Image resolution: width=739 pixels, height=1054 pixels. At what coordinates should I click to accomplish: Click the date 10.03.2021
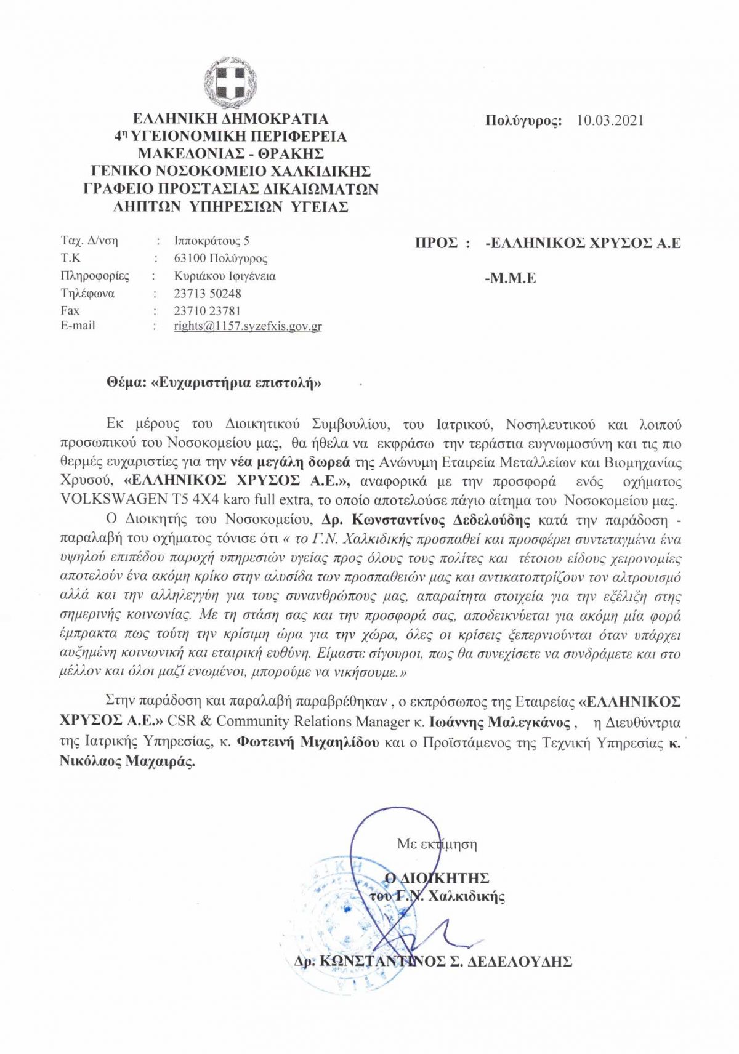(610, 120)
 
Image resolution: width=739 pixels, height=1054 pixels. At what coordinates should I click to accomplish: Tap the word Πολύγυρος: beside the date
(523, 121)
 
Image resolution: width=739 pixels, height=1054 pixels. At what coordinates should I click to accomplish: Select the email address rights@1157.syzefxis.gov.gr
(248, 326)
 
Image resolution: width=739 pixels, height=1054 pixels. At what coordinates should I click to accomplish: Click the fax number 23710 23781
(207, 311)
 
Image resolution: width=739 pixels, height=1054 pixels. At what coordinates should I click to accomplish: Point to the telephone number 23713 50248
(207, 294)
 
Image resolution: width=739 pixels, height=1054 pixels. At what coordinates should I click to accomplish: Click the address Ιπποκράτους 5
(211, 241)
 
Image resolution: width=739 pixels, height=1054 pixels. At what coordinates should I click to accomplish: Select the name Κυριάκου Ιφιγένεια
(225, 276)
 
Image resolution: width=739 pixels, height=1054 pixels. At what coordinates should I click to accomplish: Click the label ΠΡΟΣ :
(442, 243)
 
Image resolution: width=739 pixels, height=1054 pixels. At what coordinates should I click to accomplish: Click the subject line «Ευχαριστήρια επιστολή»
(236, 383)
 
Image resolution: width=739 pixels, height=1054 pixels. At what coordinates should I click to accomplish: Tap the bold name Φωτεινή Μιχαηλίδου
(308, 742)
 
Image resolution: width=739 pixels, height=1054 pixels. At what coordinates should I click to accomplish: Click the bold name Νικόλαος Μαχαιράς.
(127, 762)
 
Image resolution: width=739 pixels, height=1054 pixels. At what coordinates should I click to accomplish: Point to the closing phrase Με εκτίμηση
(437, 844)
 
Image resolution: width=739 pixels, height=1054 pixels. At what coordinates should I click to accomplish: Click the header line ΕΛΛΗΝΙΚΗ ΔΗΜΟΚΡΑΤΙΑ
(231, 119)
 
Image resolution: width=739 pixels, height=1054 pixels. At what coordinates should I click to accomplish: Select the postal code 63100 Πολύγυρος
(220, 259)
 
